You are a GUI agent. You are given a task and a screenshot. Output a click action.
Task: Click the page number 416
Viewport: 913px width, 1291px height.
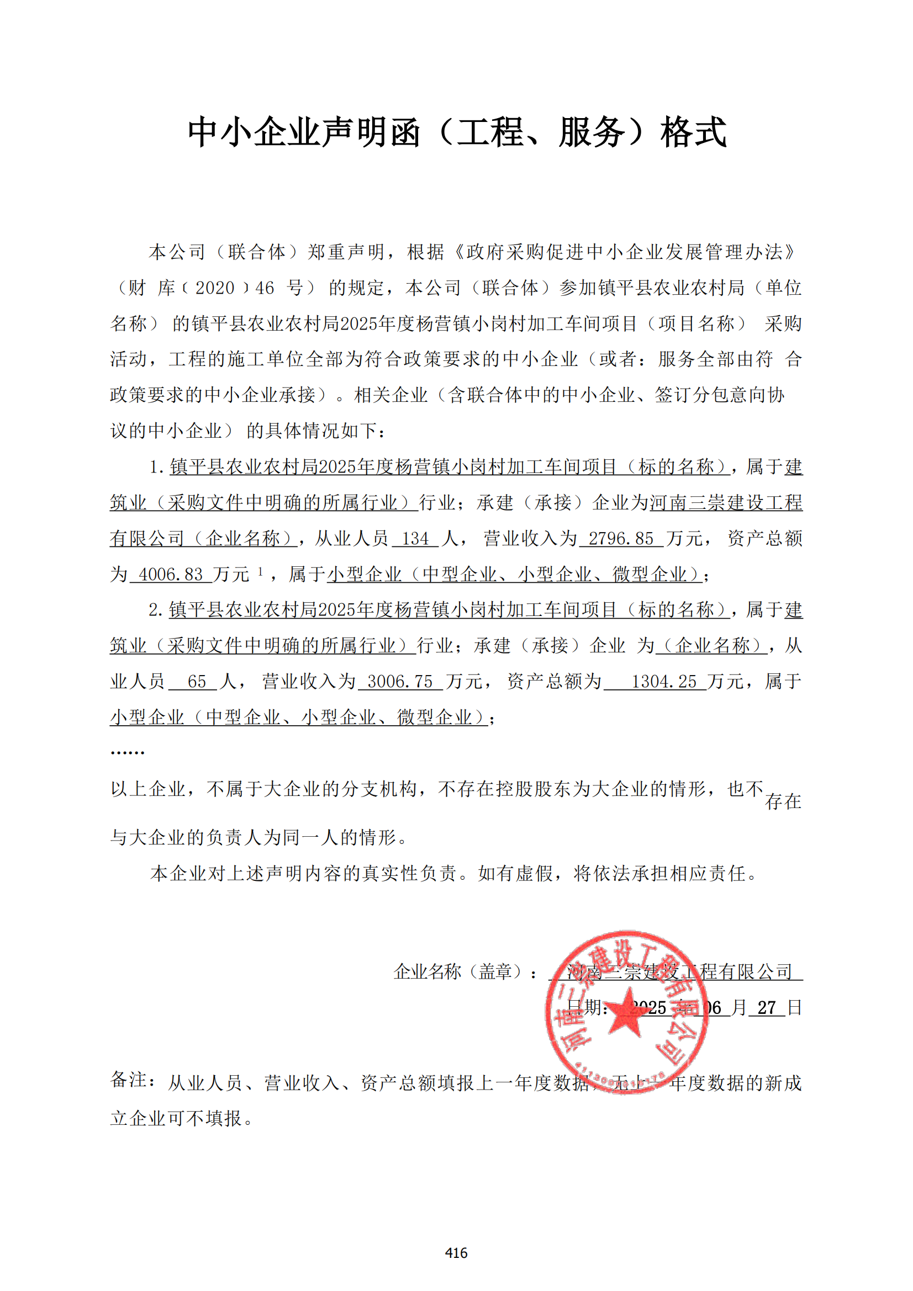tap(456, 1252)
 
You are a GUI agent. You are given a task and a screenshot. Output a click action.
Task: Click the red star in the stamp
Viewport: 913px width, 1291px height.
tap(626, 1013)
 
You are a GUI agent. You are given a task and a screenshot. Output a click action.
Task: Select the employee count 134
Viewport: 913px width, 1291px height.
tap(415, 539)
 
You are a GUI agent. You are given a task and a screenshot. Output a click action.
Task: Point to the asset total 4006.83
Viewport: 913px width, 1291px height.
tap(171, 574)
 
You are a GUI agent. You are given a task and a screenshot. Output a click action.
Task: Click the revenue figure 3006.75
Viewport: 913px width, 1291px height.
tap(399, 682)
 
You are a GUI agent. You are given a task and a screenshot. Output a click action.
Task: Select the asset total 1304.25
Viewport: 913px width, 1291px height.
tap(664, 682)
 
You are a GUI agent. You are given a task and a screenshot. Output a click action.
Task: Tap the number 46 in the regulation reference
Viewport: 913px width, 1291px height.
tap(265, 288)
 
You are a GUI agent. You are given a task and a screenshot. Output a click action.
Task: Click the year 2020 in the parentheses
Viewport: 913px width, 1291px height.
tap(214, 288)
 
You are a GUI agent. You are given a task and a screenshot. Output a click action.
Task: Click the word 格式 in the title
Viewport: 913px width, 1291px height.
tap(693, 132)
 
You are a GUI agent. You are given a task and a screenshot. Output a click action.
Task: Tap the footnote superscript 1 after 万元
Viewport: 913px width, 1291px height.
tap(261, 571)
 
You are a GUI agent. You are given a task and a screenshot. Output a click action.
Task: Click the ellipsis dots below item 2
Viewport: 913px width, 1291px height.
tap(128, 752)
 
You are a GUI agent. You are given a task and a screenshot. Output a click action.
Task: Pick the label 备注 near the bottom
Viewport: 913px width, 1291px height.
tap(129, 1080)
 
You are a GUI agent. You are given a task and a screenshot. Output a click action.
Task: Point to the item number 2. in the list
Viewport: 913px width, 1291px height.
tap(156, 610)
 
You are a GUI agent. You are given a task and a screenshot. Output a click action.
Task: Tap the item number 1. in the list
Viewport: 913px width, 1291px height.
tap(156, 467)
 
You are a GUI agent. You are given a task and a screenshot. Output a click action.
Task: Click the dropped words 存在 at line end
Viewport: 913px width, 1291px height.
tap(783, 801)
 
